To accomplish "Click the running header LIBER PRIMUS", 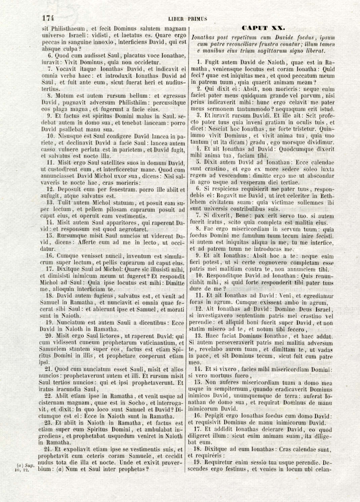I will click(187, 19).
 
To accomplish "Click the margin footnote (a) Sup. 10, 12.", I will click(26, 468).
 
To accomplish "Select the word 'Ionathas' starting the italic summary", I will click(202, 37).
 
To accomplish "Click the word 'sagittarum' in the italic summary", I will click(279, 51).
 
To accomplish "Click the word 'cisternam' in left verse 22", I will click(51, 402).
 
